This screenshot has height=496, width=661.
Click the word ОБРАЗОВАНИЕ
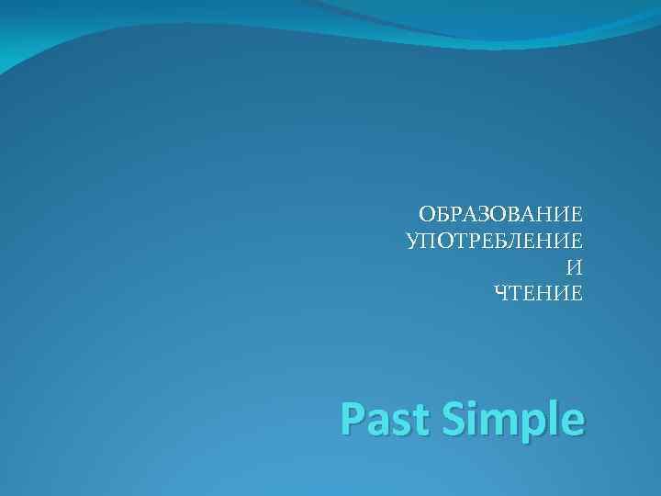click(x=500, y=215)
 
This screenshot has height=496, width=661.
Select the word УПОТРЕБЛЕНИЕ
click(x=494, y=242)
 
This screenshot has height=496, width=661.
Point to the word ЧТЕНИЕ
click(x=538, y=294)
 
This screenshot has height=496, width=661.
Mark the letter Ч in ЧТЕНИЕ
click(x=501, y=294)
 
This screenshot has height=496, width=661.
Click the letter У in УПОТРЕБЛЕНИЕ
click(x=411, y=242)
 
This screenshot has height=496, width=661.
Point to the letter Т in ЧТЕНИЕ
click(x=515, y=294)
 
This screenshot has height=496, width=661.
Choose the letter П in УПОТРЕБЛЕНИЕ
click(x=426, y=242)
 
